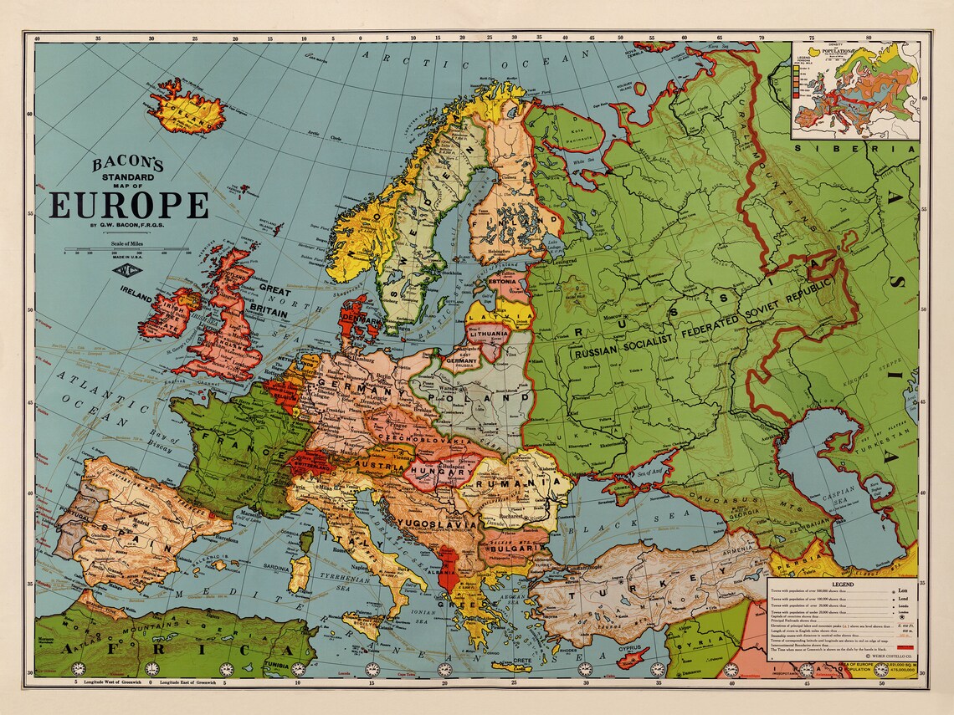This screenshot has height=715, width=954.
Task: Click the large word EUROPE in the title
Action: (x=129, y=205)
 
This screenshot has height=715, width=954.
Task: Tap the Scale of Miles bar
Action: (x=126, y=249)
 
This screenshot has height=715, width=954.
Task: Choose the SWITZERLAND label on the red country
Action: (x=309, y=462)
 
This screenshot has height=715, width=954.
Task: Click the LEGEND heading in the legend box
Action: (x=842, y=583)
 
